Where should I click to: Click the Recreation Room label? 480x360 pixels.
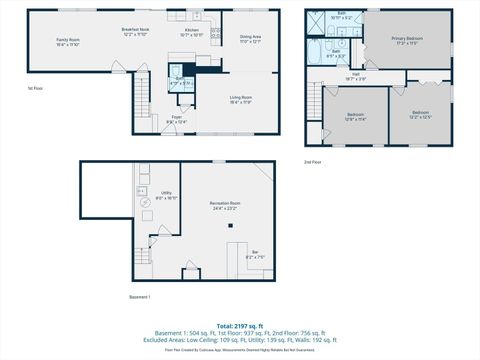pyautogui.click(x=225, y=206)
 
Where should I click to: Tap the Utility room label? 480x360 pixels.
pyautogui.click(x=166, y=196)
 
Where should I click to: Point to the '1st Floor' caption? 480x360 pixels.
pyautogui.click(x=35, y=88)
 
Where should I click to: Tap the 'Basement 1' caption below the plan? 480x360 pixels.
pyautogui.click(x=140, y=297)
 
